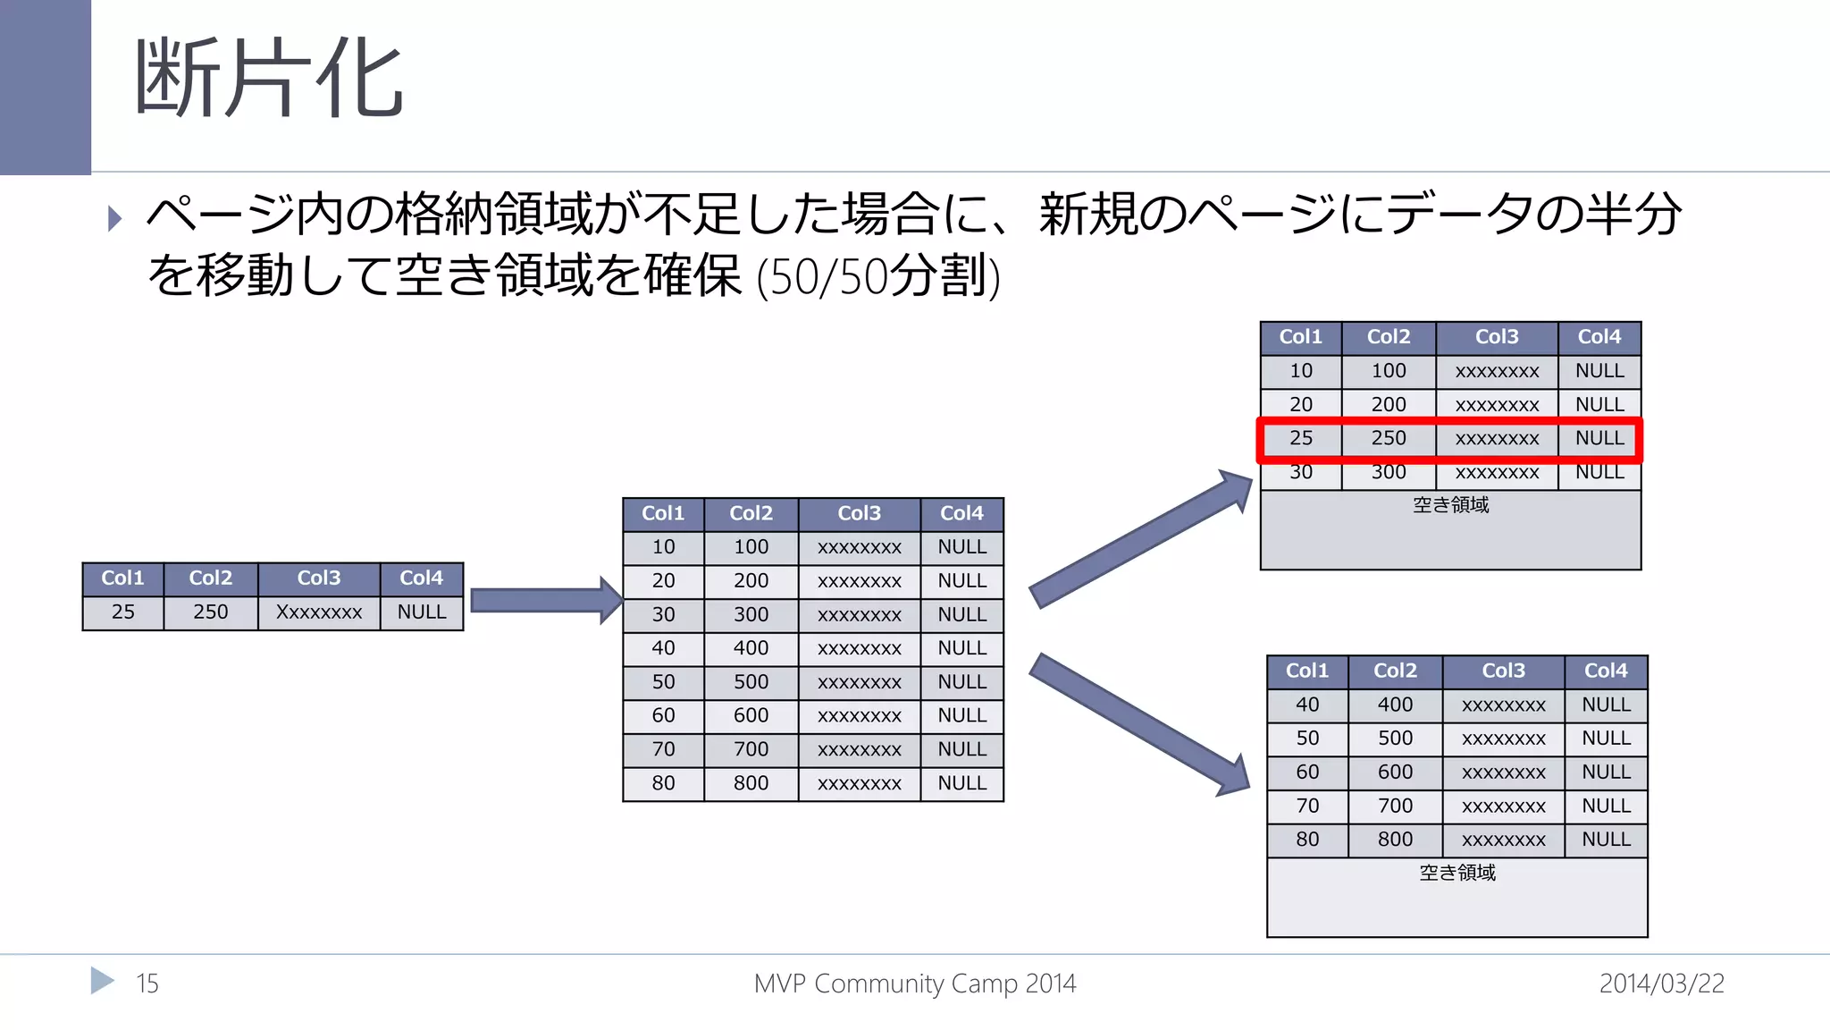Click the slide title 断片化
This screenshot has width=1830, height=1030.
pos(268,79)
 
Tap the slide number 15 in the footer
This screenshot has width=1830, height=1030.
pos(147,984)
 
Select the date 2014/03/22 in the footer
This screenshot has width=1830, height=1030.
pos(1661,984)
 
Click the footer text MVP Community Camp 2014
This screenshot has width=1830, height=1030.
pos(915,984)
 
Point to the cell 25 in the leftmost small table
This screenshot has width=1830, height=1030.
pos(123,612)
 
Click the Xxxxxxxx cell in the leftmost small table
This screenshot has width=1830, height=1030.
pos(319,612)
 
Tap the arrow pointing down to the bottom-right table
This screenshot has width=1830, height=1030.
pos(1139,724)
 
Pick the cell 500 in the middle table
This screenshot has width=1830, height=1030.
pos(751,682)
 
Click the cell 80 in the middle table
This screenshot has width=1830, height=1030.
pos(663,783)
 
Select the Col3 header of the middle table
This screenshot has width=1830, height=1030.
pos(859,513)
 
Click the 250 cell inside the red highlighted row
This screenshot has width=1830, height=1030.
pos(1389,438)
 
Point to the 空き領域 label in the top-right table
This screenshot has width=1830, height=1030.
pos(1450,505)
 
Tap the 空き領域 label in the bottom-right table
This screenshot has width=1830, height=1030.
pos(1456,873)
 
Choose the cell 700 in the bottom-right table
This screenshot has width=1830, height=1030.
pos(1395,806)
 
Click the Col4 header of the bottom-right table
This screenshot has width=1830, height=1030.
pos(1606,671)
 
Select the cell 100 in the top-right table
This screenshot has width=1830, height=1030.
pos(1389,371)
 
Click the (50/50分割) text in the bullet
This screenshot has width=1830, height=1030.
pos(877,275)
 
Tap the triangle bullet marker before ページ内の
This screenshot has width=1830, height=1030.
pos(114,218)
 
